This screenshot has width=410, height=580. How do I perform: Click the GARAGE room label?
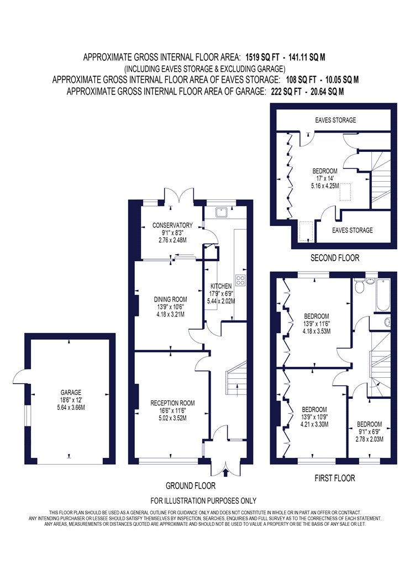pyautogui.click(x=71, y=392)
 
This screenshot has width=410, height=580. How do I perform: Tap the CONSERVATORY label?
pyautogui.click(x=172, y=225)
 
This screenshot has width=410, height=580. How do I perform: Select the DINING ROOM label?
pyautogui.click(x=171, y=299)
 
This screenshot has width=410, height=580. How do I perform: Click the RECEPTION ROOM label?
pyautogui.click(x=172, y=403)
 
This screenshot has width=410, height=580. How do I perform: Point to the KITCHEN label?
pyautogui.click(x=221, y=286)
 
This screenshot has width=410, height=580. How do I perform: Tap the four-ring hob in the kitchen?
pyautogui.click(x=241, y=281)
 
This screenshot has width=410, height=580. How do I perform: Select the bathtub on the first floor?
pyautogui.click(x=383, y=294)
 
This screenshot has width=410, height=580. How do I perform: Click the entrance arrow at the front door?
pyautogui.click(x=226, y=472)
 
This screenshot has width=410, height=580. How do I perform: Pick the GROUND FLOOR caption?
pyautogui.click(x=190, y=486)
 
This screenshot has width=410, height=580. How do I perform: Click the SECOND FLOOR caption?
pyautogui.click(x=334, y=258)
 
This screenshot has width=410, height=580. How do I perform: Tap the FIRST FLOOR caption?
pyautogui.click(x=334, y=478)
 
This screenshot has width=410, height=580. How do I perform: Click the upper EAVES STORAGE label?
pyautogui.click(x=335, y=120)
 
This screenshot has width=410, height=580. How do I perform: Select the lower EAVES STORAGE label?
pyautogui.click(x=353, y=230)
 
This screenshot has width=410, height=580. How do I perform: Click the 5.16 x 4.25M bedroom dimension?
pyautogui.click(x=325, y=186)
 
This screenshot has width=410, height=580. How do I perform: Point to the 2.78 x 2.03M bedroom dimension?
pyautogui.click(x=369, y=440)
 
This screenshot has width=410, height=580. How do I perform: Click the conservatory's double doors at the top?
pyautogui.click(x=180, y=196)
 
